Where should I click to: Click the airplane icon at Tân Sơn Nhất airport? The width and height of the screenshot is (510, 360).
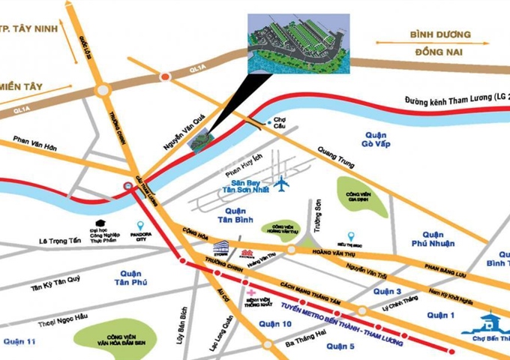pyautogui.click(x=282, y=182)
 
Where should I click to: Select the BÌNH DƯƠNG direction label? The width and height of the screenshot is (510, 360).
pyautogui.click(x=439, y=35)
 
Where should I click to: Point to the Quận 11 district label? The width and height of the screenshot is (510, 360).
pyautogui.click(x=19, y=342)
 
